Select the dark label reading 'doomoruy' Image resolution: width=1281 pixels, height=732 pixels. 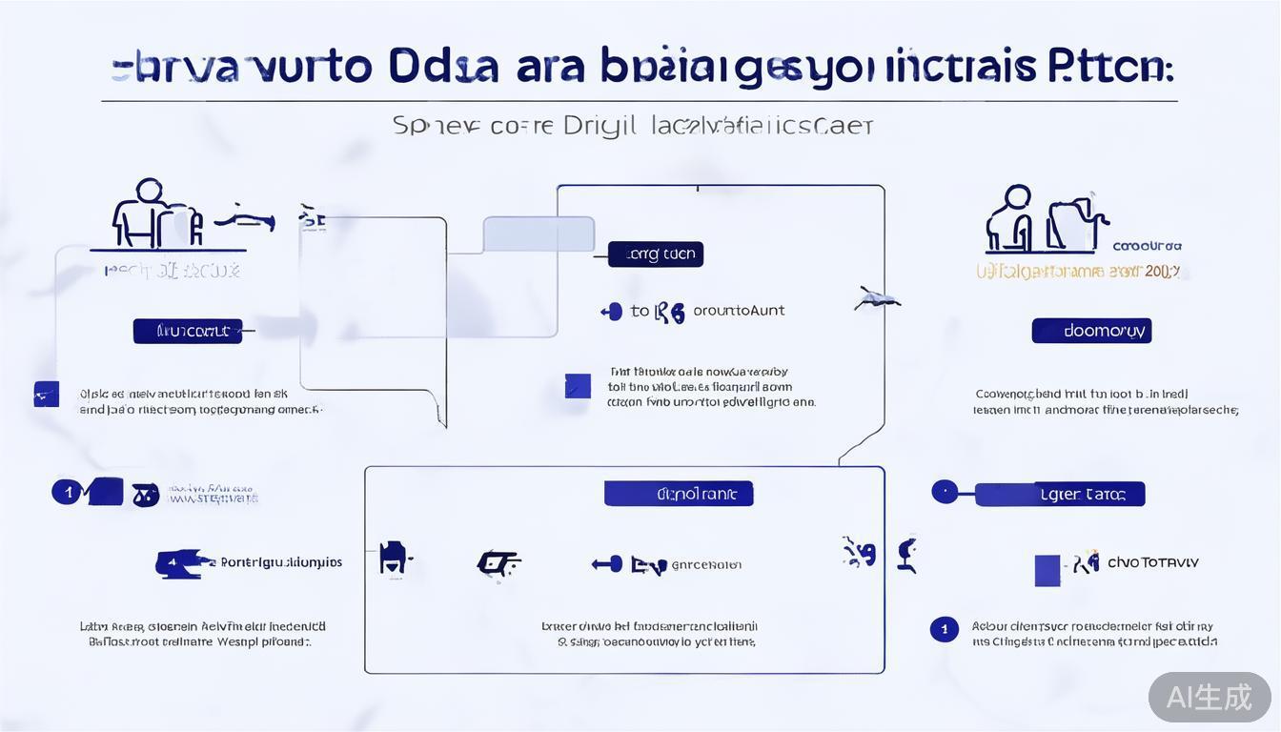pos(1091,331)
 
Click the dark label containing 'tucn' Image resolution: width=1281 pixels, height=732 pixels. pos(656,254)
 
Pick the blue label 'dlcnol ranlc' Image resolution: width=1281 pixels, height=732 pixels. pos(679,494)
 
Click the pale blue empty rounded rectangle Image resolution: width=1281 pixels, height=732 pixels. pos(539,234)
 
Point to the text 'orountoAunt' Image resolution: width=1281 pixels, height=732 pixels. pos(739,310)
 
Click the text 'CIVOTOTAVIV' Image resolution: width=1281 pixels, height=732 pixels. pos(1152,562)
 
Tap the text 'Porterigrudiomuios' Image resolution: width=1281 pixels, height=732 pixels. pos(281,562)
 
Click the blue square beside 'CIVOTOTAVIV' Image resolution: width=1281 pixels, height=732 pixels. pos(1047,570)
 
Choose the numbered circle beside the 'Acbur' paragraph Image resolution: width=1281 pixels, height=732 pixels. pos(944,629)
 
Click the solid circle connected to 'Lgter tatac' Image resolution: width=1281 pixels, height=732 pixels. pos(945,492)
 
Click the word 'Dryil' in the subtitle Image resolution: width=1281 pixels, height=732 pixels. pos(600,125)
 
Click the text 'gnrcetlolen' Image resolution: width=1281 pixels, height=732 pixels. pos(706,564)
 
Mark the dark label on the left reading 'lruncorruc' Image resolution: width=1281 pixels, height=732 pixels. pos(187,331)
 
